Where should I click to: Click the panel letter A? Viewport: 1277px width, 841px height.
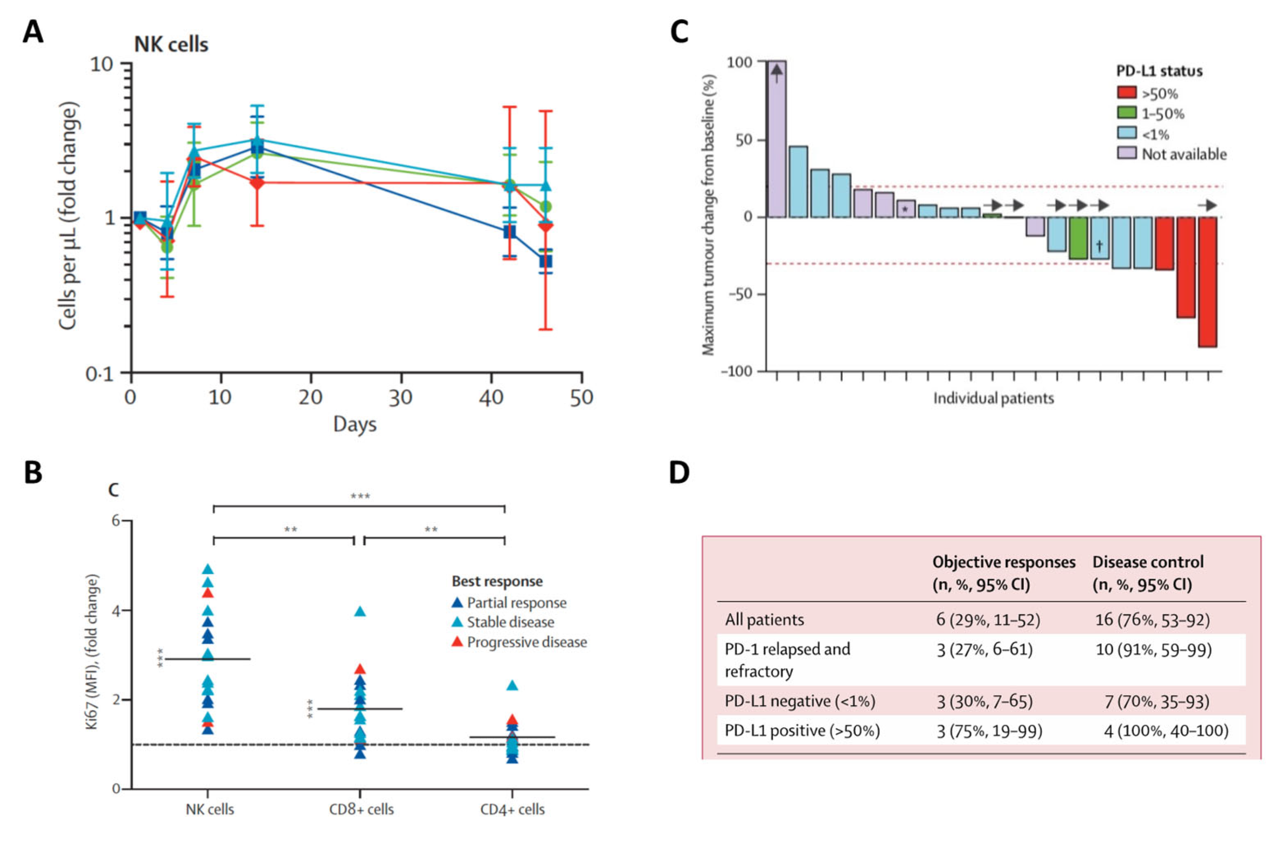coord(33,33)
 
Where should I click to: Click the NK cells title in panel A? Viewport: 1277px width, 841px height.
coord(171,44)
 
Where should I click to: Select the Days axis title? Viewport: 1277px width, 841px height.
coord(355,424)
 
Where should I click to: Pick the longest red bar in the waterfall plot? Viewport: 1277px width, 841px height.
coord(1207,282)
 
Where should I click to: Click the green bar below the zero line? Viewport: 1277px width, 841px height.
coord(1078,238)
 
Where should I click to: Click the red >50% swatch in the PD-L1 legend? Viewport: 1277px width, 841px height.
coord(1127,93)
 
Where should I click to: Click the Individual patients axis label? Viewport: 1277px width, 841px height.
coord(993,398)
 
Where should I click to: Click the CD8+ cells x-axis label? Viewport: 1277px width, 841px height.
coord(361,809)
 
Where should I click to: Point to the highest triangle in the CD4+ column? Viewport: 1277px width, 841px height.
coord(512,686)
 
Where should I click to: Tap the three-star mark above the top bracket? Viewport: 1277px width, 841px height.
coord(360,496)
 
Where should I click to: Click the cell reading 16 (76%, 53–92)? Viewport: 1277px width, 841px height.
coord(1152,620)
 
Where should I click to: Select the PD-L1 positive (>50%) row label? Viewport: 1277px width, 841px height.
coord(802,730)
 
